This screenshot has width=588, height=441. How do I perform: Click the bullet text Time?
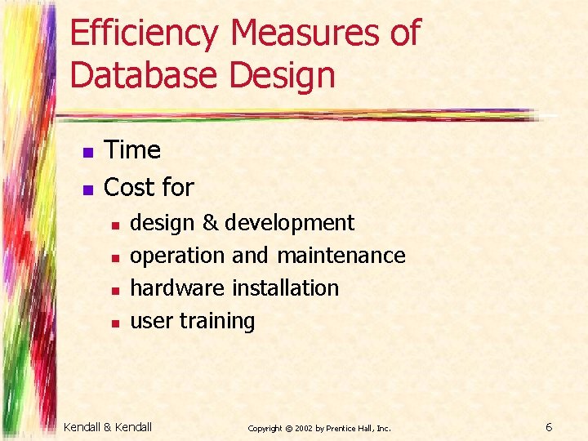pos(132,150)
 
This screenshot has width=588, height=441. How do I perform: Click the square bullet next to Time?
pos(86,152)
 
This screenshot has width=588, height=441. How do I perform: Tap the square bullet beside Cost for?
pos(86,189)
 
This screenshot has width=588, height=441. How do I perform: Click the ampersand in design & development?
pos(210,223)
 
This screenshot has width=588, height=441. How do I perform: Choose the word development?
pos(289,223)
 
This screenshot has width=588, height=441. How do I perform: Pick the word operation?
pos(177,256)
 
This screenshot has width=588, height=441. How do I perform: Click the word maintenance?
pos(341,256)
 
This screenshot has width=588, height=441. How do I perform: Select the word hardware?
pos(178,288)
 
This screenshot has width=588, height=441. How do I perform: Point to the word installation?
pos(286,288)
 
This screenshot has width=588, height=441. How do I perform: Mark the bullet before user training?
pos(115,323)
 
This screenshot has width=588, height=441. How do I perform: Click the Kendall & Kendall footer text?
pos(108,426)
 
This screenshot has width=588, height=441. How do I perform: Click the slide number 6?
pos(549,426)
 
